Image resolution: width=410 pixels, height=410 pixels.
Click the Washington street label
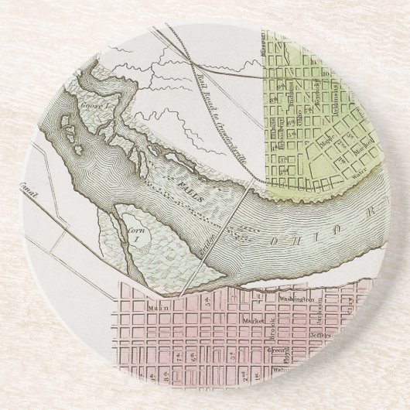click(299, 298)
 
